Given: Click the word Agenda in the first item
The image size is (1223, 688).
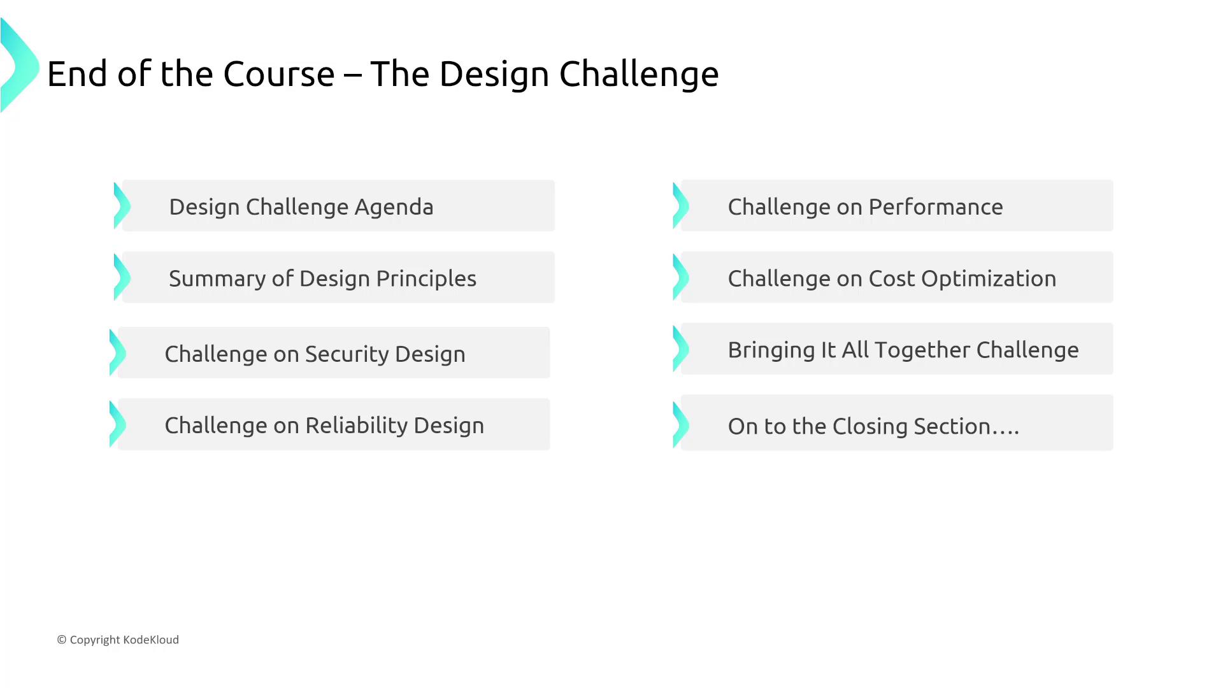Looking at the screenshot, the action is tap(394, 208).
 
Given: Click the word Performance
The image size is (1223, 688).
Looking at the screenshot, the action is tap(936, 207).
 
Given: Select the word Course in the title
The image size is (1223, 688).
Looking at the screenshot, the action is tap(278, 74).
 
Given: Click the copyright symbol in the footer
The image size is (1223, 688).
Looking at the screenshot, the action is tap(62, 640).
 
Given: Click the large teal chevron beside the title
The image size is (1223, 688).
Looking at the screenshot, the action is tap(20, 65).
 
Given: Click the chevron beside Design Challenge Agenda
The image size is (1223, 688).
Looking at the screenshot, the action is tap(122, 206).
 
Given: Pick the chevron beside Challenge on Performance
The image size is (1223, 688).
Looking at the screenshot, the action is tap(681, 206).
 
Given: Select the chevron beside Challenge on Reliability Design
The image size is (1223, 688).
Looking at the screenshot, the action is tap(118, 424).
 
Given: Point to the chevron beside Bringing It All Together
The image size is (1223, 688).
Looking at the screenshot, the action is tap(681, 349).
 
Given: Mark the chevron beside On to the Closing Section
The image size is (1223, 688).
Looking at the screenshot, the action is tap(681, 424).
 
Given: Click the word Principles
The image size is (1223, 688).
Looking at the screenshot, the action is tap(426, 279).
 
